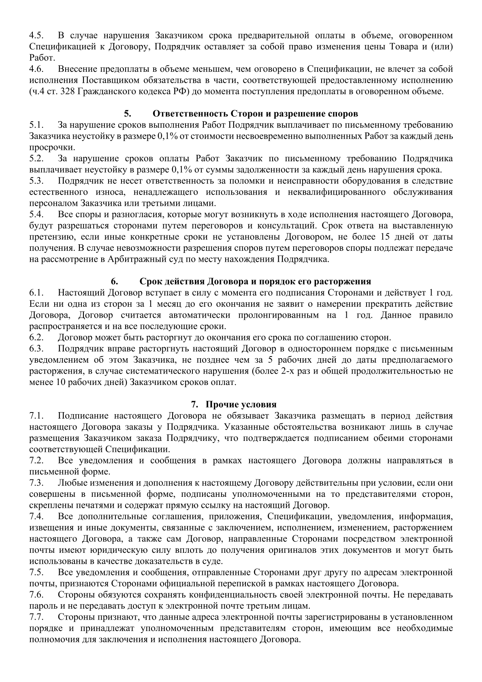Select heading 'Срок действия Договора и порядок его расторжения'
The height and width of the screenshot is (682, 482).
(255, 281)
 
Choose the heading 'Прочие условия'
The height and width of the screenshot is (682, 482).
(241, 404)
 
